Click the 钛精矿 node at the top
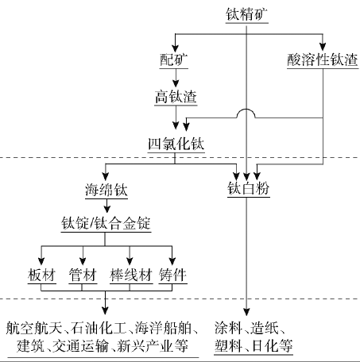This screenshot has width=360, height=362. tap(246, 14)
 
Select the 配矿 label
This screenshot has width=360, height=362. tap(174, 60)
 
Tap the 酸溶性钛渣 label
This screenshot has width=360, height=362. tap(323, 60)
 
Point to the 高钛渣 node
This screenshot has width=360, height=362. tap(176, 97)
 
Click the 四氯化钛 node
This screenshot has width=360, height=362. tap(176, 144)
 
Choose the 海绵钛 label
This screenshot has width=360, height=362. tap(106, 190)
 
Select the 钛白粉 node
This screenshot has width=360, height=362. tap(249, 188)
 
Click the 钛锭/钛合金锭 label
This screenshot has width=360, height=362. tap(106, 224)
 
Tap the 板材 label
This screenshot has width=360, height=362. tap(42, 275)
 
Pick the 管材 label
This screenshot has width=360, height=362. tap(83, 275)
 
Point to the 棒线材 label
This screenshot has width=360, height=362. tap(131, 275)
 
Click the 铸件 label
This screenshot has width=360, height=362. tap(172, 275)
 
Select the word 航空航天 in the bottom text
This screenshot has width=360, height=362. tap(34, 329)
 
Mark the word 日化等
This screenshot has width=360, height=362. tap(273, 345)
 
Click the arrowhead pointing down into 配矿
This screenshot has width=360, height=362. tap(175, 48)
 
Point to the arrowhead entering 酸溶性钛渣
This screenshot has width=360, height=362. tap(323, 47)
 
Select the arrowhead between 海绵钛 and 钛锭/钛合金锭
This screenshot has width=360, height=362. tap(106, 209)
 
